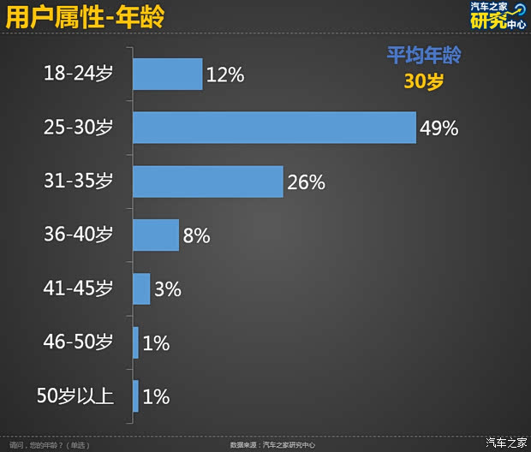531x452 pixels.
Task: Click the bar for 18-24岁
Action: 167,74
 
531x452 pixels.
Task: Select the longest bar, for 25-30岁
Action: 274,128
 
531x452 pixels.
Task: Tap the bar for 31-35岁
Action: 207,181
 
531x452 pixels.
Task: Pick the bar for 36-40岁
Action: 156,235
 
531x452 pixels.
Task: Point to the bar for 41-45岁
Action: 141,288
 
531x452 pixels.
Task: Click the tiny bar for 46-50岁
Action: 135,342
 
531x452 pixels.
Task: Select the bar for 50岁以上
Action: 135,395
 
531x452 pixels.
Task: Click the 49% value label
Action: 439,128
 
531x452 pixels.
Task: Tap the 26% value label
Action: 306,182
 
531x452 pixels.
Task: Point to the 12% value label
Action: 225,75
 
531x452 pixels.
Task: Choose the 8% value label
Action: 196,235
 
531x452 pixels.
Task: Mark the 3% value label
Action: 168,289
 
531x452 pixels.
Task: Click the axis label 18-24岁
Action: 78,74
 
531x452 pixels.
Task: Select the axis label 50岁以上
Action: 75,395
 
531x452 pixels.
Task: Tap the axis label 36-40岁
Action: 78,235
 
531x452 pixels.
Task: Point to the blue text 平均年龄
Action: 424,56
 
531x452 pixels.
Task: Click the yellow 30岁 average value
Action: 424,82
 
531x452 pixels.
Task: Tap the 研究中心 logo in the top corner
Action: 499,15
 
